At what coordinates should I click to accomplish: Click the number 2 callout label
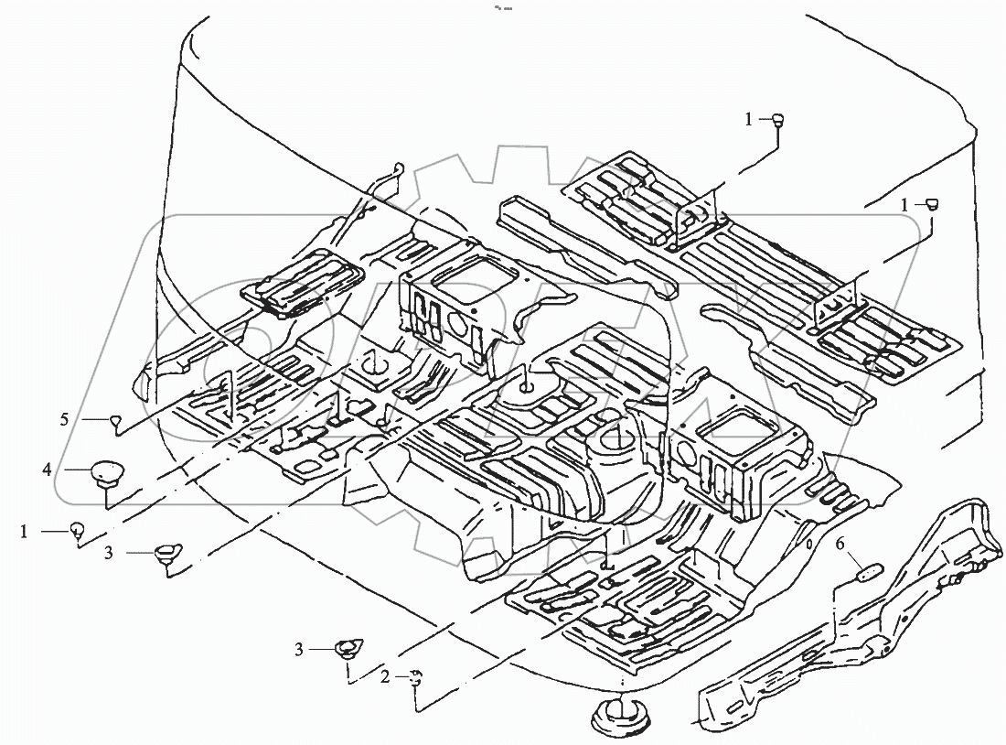386,677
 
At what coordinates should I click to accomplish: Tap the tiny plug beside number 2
415,675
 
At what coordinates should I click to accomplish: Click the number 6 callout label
840,545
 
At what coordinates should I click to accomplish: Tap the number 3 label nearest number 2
298,649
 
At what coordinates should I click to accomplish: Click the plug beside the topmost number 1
779,117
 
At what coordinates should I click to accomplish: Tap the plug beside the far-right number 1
933,204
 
